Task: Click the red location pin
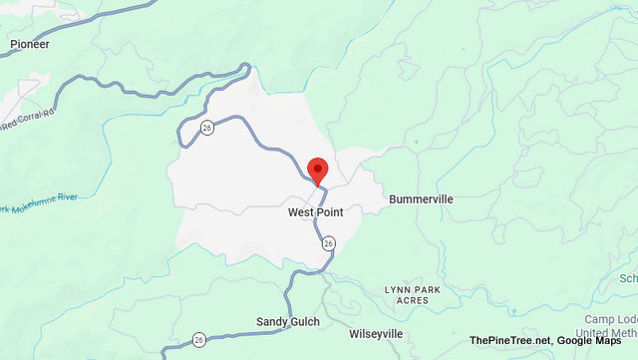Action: click(318, 170)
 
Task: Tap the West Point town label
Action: click(317, 212)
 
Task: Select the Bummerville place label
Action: click(421, 199)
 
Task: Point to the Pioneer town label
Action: click(29, 45)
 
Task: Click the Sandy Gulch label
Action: click(285, 322)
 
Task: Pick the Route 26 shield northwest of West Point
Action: click(206, 127)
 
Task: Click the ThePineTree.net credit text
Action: click(511, 341)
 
